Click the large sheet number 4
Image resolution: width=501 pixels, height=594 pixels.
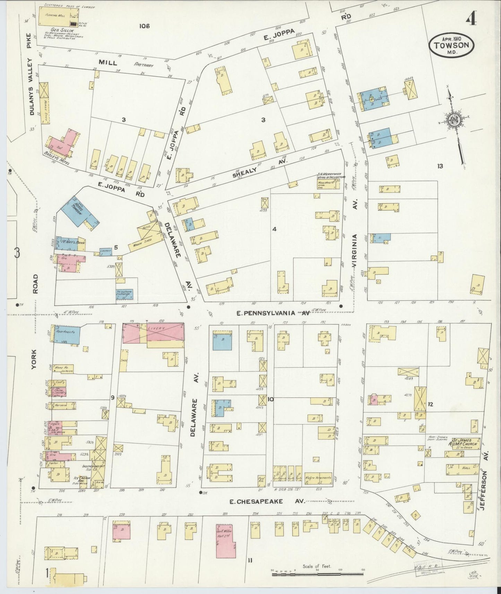[470, 20]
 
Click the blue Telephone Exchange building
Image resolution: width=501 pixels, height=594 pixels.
[124, 294]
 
